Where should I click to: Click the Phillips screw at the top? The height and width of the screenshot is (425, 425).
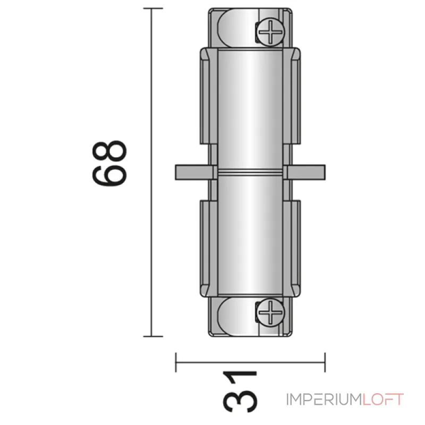(271, 33)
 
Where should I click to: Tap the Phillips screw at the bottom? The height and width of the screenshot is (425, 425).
(271, 311)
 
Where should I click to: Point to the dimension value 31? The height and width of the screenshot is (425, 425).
(239, 393)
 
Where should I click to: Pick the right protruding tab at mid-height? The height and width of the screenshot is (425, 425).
(305, 172)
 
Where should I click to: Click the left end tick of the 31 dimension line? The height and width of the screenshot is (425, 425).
(176, 363)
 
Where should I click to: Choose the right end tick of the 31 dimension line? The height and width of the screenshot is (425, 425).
(325, 363)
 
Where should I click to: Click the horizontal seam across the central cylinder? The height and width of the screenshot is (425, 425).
(250, 172)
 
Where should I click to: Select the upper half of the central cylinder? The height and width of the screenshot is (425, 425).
(250, 106)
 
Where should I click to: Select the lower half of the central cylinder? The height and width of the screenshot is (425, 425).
(250, 239)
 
